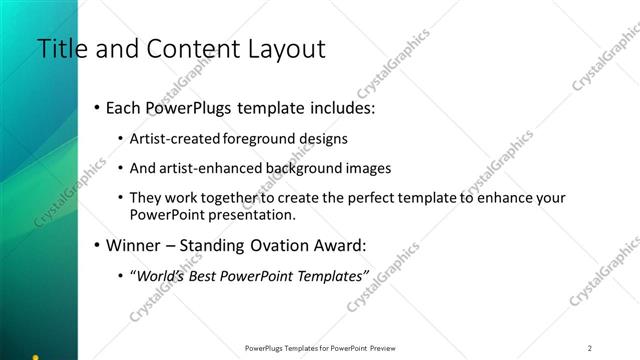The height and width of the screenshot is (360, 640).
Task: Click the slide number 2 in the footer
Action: coord(590,348)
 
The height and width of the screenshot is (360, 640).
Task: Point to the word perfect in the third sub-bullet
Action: coord(351,198)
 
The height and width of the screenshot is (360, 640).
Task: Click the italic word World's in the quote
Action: coord(163,273)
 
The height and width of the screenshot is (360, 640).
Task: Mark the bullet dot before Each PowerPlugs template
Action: coord(96,108)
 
